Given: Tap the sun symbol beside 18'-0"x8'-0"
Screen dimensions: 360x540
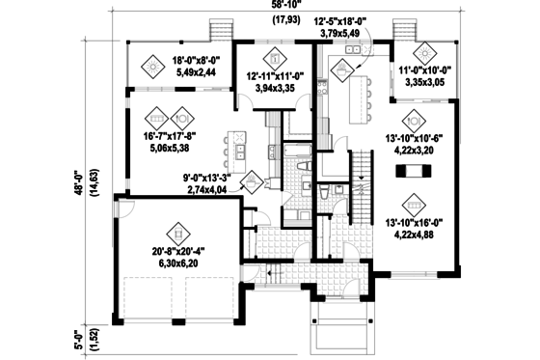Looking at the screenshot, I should pyautogui.click(x=152, y=66).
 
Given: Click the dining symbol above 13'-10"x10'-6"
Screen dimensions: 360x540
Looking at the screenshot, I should pyautogui.click(x=413, y=121).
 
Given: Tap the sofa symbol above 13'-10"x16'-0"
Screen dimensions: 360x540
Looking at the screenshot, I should pyautogui.click(x=413, y=204).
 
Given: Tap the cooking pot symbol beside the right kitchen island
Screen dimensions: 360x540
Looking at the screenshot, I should pyautogui.click(x=343, y=67).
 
